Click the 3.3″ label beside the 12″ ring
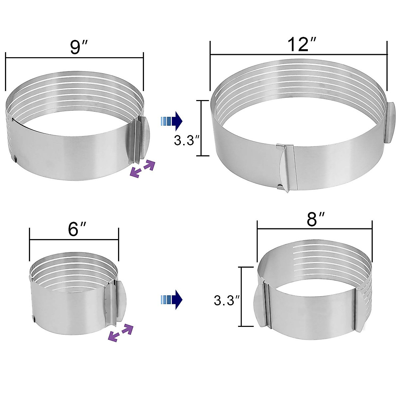186,140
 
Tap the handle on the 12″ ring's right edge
391,123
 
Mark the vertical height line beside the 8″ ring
242,297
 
